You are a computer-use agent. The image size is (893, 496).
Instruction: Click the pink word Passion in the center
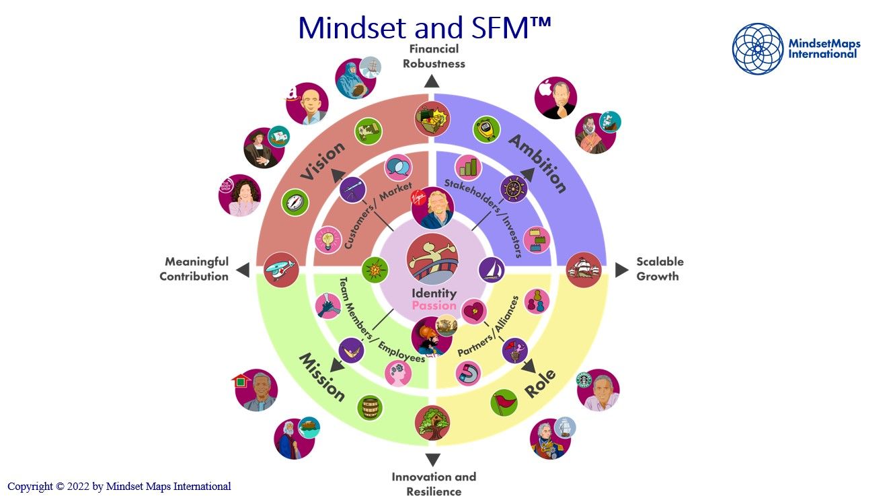[x=434, y=306]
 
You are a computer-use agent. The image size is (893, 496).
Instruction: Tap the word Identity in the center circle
[x=434, y=293]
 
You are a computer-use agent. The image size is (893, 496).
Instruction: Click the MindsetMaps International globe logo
[x=758, y=48]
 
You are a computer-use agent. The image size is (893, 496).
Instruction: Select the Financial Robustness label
[x=434, y=56]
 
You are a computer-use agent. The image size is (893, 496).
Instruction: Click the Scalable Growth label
[x=660, y=269]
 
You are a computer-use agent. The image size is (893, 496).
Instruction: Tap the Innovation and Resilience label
[x=434, y=484]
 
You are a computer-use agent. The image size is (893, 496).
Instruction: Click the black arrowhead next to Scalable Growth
[x=621, y=270]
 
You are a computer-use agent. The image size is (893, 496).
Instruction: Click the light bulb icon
[x=328, y=240]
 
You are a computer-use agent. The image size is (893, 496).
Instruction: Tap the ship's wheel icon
[x=514, y=189]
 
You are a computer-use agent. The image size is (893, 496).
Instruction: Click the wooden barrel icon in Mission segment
[x=369, y=407]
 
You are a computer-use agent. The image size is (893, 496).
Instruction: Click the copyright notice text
[x=119, y=486]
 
